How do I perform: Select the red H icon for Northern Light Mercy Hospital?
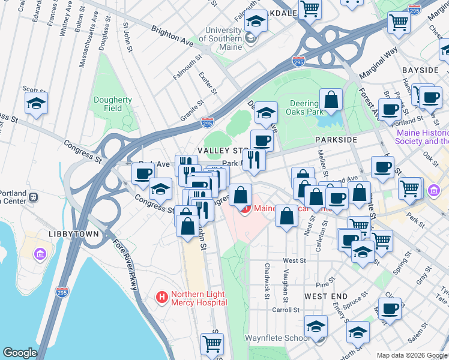(x=161, y=297)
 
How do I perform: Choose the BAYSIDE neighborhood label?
(x=420, y=70)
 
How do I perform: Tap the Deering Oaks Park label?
(x=307, y=107)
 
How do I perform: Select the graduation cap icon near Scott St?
(x=36, y=103)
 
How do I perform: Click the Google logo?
(x=20, y=353)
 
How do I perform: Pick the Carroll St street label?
(x=285, y=310)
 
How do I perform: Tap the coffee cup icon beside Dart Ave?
(x=143, y=173)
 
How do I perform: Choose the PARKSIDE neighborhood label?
(x=336, y=139)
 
